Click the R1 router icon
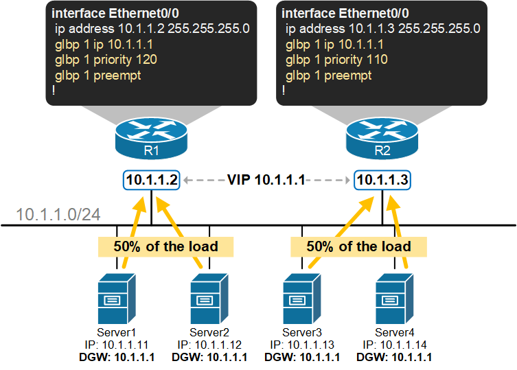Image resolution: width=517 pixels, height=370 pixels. tap(151, 137)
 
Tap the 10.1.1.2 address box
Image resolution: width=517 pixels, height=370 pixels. tap(151, 181)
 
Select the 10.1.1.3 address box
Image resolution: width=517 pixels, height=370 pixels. tap(382, 181)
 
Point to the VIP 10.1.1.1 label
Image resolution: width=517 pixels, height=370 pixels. tap(266, 181)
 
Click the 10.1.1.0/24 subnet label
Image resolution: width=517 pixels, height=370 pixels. tap(58, 214)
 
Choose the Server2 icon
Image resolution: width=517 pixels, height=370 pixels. tap(209, 299)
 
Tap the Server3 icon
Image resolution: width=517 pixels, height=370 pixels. tap(301, 299)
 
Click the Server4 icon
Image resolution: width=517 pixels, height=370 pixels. tap(394, 299)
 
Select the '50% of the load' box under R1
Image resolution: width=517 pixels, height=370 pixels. tap(165, 246)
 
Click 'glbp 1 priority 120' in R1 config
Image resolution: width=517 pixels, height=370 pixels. tap(106, 60)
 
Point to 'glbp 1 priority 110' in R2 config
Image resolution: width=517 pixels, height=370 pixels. tap(336, 60)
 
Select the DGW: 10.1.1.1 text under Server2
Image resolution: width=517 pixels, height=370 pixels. tap(209, 357)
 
